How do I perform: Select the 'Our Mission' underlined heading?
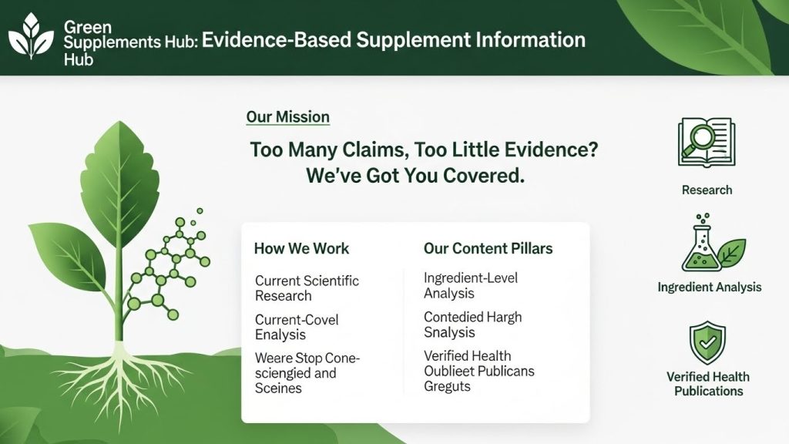pos(287,117)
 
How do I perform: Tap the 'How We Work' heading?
pos(301,248)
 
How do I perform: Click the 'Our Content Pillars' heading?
pos(488,248)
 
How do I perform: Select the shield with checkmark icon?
pos(707,343)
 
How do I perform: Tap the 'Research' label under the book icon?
pos(707,190)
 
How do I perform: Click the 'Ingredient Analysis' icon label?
pos(709,287)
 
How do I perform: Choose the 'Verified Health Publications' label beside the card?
pos(708,384)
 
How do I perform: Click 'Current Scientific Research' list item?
pos(307,288)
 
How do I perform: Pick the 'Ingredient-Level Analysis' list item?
pos(470,285)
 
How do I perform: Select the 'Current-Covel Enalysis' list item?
pos(297,327)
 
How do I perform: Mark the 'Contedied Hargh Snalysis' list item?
pos(472,325)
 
